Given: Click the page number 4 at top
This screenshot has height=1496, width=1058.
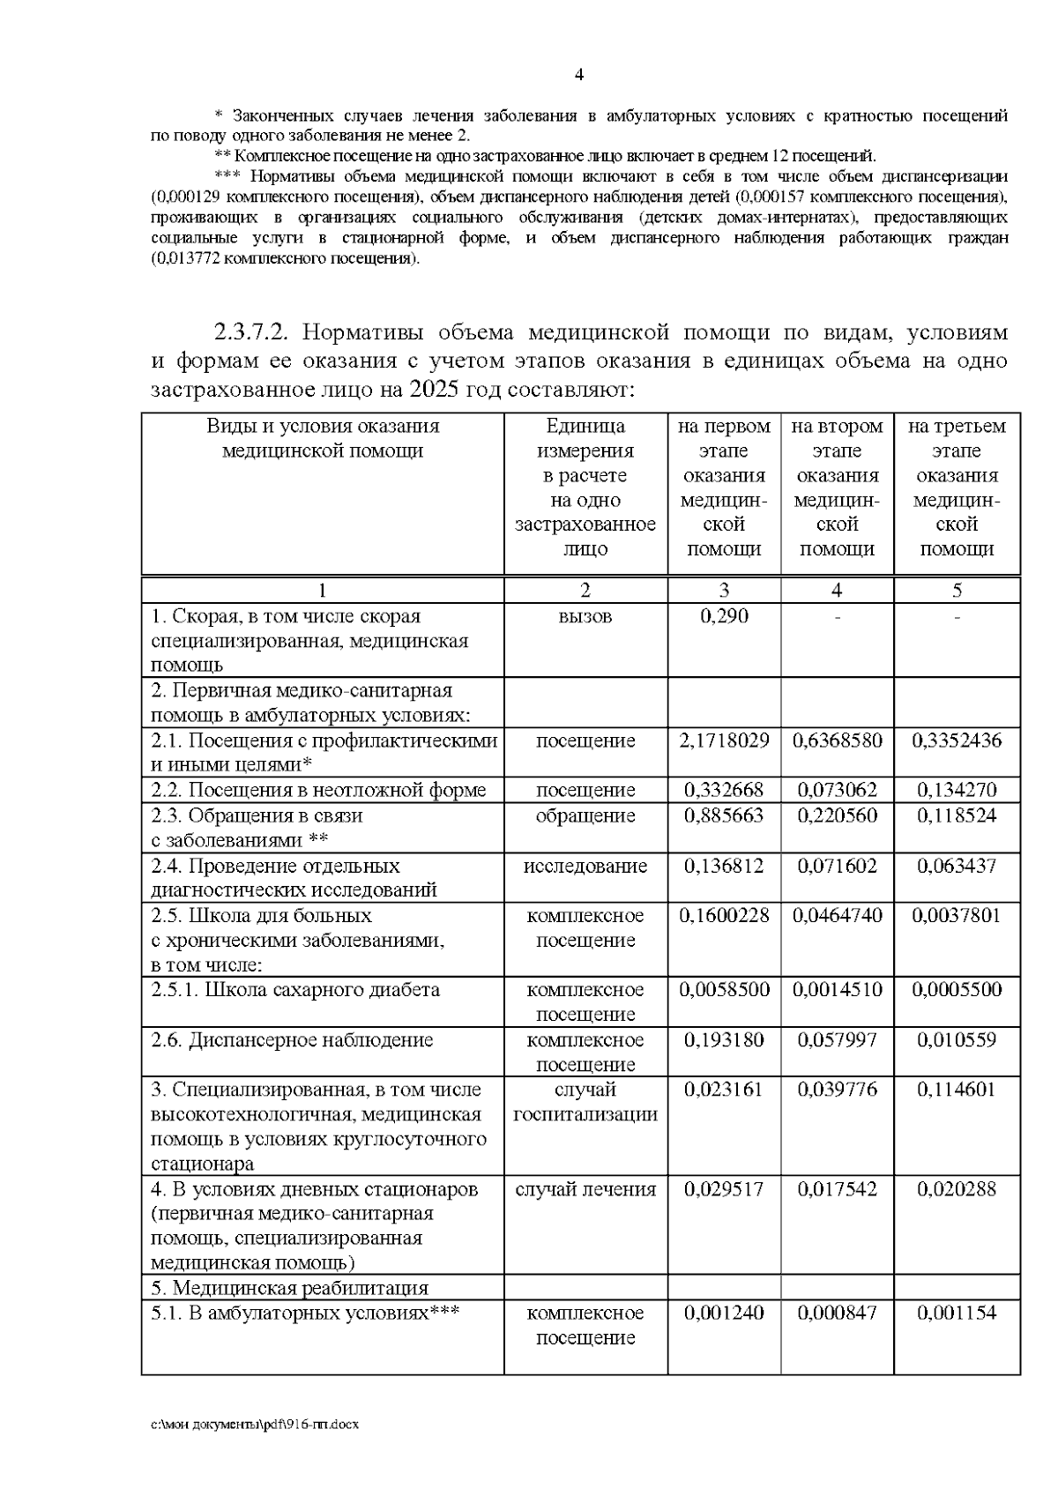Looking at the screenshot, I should pos(579,75).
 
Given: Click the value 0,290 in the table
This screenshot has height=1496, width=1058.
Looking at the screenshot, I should pos(724,616).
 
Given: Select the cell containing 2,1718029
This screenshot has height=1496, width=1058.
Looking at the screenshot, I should pos(724,741).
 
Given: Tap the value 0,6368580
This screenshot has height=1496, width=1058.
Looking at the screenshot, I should pos(837,741).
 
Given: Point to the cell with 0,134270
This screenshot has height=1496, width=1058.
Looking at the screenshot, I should pos(957,790).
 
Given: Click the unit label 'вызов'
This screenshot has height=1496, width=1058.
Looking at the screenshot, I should pos(585,616).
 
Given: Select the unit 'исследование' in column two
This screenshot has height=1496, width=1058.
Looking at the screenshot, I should pos(585,866).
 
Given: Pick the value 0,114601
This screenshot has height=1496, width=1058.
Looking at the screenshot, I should pos(957,1090).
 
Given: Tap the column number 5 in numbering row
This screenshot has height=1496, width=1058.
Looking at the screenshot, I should pos(957,591).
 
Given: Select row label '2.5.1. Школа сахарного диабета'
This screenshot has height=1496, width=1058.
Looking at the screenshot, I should pos(295,990).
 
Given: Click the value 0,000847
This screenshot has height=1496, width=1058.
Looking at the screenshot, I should pos(837,1313).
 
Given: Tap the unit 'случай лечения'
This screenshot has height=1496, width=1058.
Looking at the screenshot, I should pos(585,1189).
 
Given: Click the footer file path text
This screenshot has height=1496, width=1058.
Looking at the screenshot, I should pos(255,1424).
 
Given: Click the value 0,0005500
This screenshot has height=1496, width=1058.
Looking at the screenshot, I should pos(957,990).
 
